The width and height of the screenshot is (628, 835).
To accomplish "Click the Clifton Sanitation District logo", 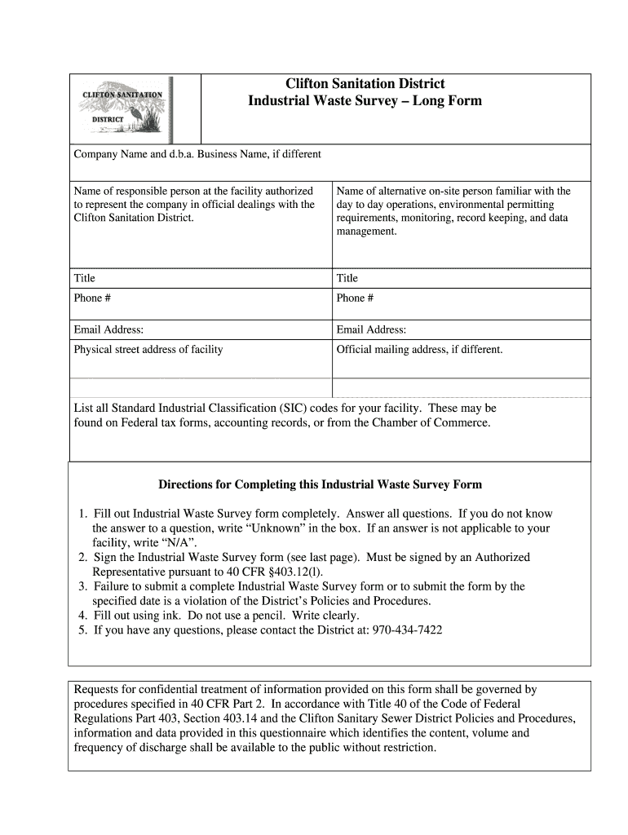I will (x=126, y=108).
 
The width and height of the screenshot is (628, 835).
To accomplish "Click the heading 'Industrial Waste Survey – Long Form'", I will (x=365, y=101).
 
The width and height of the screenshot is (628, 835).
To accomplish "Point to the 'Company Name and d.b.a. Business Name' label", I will (x=197, y=154).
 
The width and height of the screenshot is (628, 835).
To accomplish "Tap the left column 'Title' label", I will (x=84, y=278).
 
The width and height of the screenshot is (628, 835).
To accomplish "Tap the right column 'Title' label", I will (x=347, y=278).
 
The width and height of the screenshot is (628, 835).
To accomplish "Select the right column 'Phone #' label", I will (x=355, y=298).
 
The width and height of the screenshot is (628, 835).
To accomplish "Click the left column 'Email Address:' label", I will (x=108, y=329).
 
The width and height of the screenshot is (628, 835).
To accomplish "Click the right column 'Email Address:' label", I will (x=371, y=329).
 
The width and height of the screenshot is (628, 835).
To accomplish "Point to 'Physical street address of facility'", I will (x=148, y=350).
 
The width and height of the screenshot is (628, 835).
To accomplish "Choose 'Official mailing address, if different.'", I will (x=419, y=350).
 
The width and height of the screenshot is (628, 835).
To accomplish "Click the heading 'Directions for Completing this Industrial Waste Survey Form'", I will (x=320, y=484).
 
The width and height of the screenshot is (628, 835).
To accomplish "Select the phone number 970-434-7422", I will (x=407, y=630).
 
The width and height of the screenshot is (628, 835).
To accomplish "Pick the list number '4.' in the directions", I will (x=83, y=616).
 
